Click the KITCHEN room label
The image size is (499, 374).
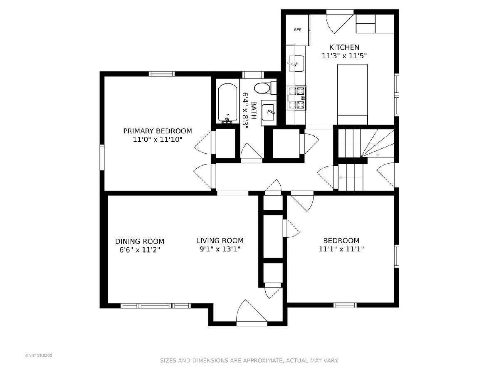[344, 47]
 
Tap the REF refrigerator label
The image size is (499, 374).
[298, 30]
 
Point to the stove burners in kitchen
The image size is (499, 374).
[296, 98]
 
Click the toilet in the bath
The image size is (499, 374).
[265, 88]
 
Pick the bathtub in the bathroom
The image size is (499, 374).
[227, 103]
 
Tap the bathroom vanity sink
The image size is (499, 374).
[269, 112]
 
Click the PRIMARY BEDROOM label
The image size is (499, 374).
[158, 131]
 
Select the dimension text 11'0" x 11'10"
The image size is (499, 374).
[158, 140]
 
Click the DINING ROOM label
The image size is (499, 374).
[140, 241]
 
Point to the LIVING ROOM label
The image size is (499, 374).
[220, 241]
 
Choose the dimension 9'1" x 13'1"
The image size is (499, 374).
[220, 249]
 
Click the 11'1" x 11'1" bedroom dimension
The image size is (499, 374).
[341, 249]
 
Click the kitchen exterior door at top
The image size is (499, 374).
[340, 22]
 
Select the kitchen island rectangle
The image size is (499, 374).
[352, 94]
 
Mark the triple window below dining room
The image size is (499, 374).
[156, 306]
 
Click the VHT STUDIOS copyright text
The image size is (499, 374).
[39, 355]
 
